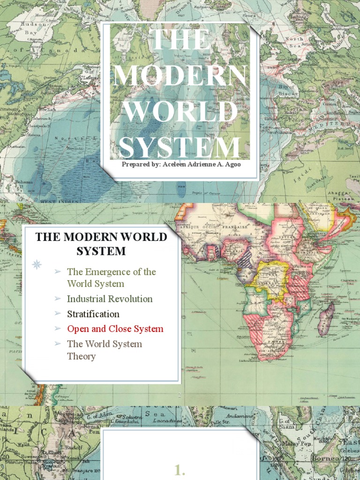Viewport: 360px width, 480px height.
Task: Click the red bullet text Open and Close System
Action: (x=115, y=329)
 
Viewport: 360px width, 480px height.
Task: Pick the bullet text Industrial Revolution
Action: (x=110, y=299)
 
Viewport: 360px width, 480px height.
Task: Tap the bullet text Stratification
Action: (x=93, y=314)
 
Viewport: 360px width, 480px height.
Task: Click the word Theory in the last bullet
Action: (x=81, y=356)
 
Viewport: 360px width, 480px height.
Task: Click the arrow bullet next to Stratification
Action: (x=57, y=314)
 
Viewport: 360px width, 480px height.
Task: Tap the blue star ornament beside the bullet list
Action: (x=37, y=264)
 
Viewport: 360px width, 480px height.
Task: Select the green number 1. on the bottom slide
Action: (x=180, y=471)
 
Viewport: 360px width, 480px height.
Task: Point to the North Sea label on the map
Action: (x=294, y=42)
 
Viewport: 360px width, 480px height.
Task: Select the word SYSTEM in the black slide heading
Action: (x=101, y=251)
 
